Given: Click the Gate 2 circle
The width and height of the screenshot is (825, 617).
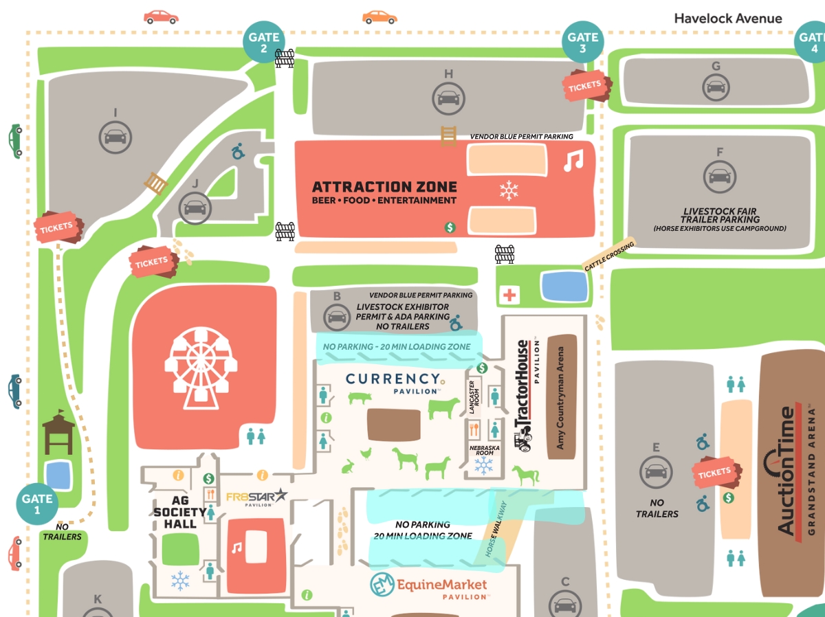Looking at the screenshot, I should click(264, 43).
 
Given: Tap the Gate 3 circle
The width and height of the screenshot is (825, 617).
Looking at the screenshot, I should click(583, 43).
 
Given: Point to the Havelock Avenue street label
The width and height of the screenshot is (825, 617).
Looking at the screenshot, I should click(728, 19).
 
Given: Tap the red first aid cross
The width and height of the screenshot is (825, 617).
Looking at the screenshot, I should click(509, 295).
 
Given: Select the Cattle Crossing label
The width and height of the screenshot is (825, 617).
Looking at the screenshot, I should click(609, 256).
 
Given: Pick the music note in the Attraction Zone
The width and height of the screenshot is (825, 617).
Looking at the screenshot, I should click(573, 161).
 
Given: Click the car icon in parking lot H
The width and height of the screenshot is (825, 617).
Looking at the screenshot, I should click(448, 98).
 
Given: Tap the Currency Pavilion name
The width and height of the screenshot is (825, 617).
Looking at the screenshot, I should click(393, 380).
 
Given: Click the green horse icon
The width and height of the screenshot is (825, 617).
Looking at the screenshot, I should click(526, 475).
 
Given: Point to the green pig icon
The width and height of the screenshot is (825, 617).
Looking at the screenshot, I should click(360, 398).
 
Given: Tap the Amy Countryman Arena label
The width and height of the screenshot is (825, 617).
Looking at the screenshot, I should click(560, 397).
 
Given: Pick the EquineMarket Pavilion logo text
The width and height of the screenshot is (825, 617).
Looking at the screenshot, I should click(441, 586).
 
